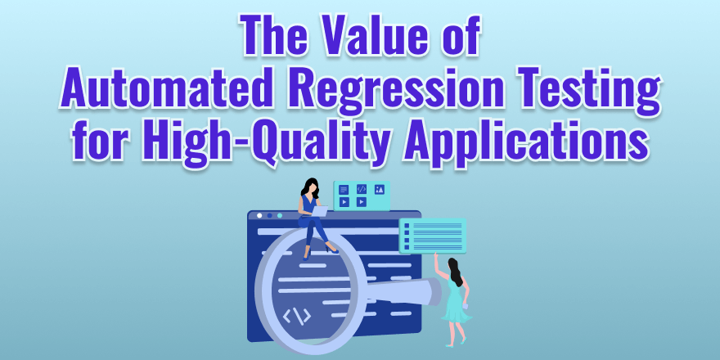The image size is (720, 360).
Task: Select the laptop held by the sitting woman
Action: coord(320,210)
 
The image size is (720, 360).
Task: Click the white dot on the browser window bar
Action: coord(259,216)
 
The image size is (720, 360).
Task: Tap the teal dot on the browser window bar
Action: coord(280,216)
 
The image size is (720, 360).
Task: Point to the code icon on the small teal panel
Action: coord(361,189)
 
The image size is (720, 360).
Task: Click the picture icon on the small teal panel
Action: coord(379,189)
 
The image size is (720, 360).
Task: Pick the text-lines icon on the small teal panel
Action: coord(344,189)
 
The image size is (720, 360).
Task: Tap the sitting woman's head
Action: coord(311,186)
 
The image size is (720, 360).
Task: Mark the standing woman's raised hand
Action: coord(436,256)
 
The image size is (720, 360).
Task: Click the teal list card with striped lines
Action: coord(433,236)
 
